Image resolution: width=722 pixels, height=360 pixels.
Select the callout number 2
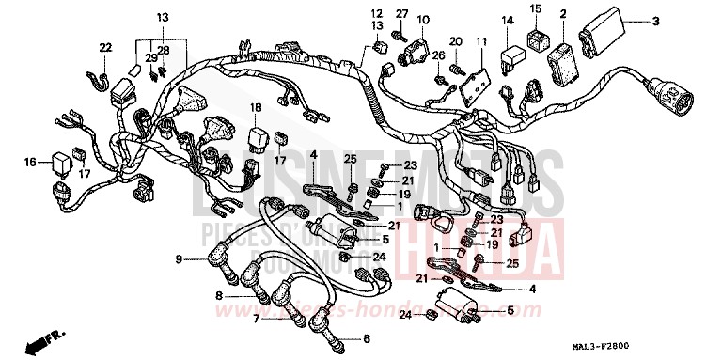(x=562, y=14)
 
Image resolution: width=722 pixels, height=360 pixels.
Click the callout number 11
(x=481, y=42)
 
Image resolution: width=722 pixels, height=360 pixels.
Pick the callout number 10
(x=422, y=19)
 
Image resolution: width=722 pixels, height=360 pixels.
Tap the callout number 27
(x=400, y=14)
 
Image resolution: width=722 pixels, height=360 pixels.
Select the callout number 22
(x=105, y=47)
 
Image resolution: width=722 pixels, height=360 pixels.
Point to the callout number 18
(x=255, y=108)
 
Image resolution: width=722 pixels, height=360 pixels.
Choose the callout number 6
(x=367, y=337)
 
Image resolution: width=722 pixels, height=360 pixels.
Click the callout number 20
(x=456, y=42)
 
